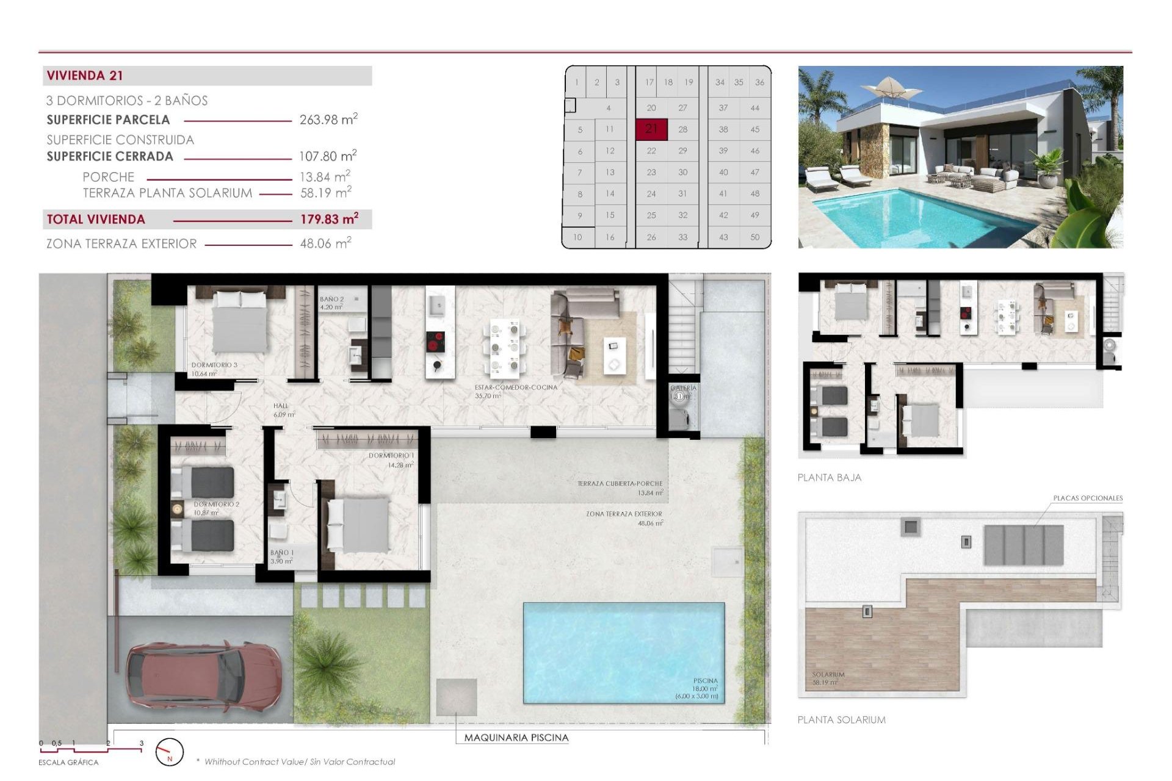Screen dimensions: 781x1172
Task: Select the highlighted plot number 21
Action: pos(651,129)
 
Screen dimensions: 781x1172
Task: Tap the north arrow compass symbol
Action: pos(169,752)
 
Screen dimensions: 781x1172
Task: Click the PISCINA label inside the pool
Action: pos(705,680)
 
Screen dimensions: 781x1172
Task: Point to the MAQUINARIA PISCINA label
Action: pos(516,738)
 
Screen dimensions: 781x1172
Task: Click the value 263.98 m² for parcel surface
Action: pos(328,120)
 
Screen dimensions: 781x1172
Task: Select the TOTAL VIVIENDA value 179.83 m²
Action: pos(328,219)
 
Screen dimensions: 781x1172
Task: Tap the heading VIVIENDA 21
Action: pos(85,76)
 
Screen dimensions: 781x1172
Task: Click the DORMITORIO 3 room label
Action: pos(214,365)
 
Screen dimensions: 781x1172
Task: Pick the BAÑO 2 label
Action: pos(331,299)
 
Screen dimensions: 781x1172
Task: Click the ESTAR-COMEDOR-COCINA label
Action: pos(516,387)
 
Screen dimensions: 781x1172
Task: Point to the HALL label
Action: pos(281,406)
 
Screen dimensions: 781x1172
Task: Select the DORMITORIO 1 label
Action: pos(391,456)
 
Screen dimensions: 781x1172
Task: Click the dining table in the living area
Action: pos(505,348)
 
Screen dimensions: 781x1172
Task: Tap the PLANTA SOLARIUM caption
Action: pos(841,720)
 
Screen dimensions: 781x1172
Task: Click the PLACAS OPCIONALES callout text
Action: pos(1088,498)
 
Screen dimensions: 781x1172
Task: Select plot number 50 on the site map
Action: pos(754,237)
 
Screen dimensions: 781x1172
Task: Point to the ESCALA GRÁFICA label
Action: pos(68,763)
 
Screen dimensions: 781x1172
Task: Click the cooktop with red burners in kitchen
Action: pos(435,342)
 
